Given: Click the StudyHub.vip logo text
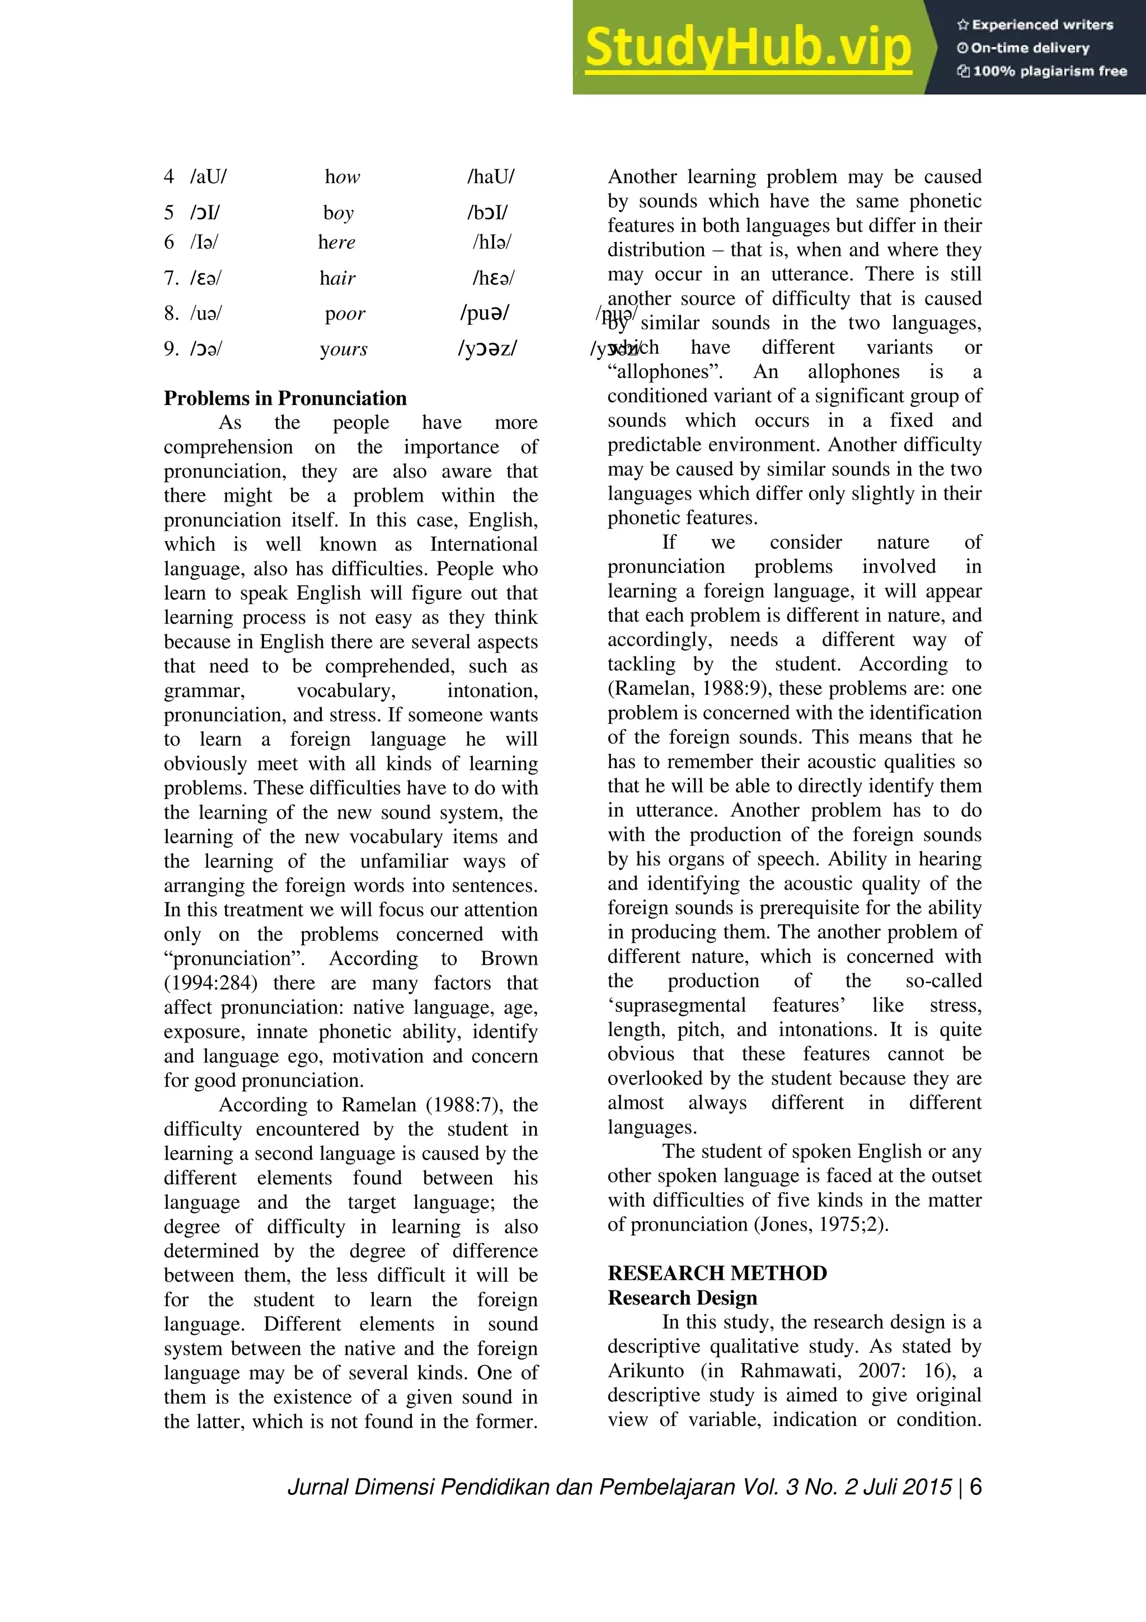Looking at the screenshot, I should (x=748, y=48).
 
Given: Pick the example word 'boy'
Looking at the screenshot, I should (x=338, y=213).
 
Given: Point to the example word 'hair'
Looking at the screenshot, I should (x=337, y=278).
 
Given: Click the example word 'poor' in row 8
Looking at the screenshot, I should (x=345, y=314).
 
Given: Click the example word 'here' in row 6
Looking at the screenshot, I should (x=337, y=242).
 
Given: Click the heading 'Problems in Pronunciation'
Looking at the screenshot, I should (x=285, y=399).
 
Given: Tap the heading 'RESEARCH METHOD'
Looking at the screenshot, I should (x=717, y=1273).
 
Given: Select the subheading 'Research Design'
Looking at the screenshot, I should (x=682, y=1298).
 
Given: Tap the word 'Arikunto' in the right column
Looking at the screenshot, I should (x=645, y=1371).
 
